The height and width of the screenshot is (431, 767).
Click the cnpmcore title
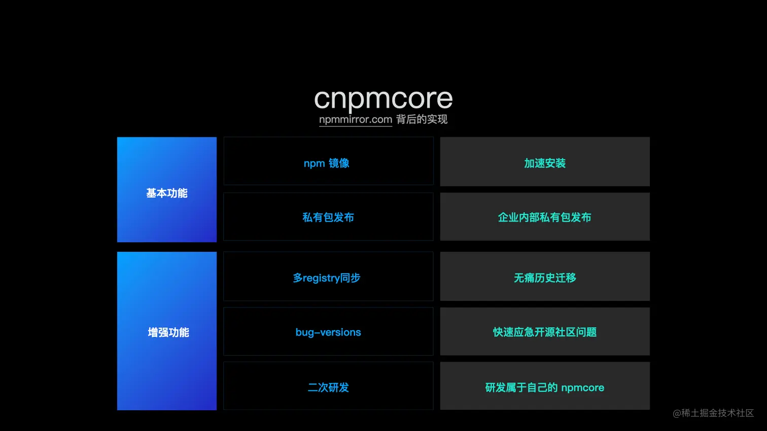(x=384, y=99)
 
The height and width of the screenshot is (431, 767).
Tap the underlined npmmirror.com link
(x=356, y=120)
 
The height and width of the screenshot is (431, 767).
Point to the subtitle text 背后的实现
(x=422, y=120)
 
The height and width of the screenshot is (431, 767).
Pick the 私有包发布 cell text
(x=328, y=217)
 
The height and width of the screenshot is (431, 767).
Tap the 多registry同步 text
(x=327, y=278)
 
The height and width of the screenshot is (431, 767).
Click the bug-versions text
(x=328, y=332)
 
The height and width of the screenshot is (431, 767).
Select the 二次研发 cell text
(x=328, y=387)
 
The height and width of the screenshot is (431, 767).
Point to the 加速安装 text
(x=545, y=164)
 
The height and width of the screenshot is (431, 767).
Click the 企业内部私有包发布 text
(x=544, y=217)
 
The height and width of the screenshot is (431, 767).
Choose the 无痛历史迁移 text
(x=545, y=278)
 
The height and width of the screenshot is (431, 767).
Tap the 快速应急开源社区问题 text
(x=545, y=332)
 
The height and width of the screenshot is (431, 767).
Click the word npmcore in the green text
(x=582, y=388)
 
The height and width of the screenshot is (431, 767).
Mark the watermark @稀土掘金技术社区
(x=713, y=413)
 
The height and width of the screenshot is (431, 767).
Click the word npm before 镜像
(x=315, y=164)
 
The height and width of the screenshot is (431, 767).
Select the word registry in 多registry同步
(x=321, y=279)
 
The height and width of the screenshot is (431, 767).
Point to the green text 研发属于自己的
(x=521, y=387)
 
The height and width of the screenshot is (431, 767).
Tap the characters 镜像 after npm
(x=339, y=164)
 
